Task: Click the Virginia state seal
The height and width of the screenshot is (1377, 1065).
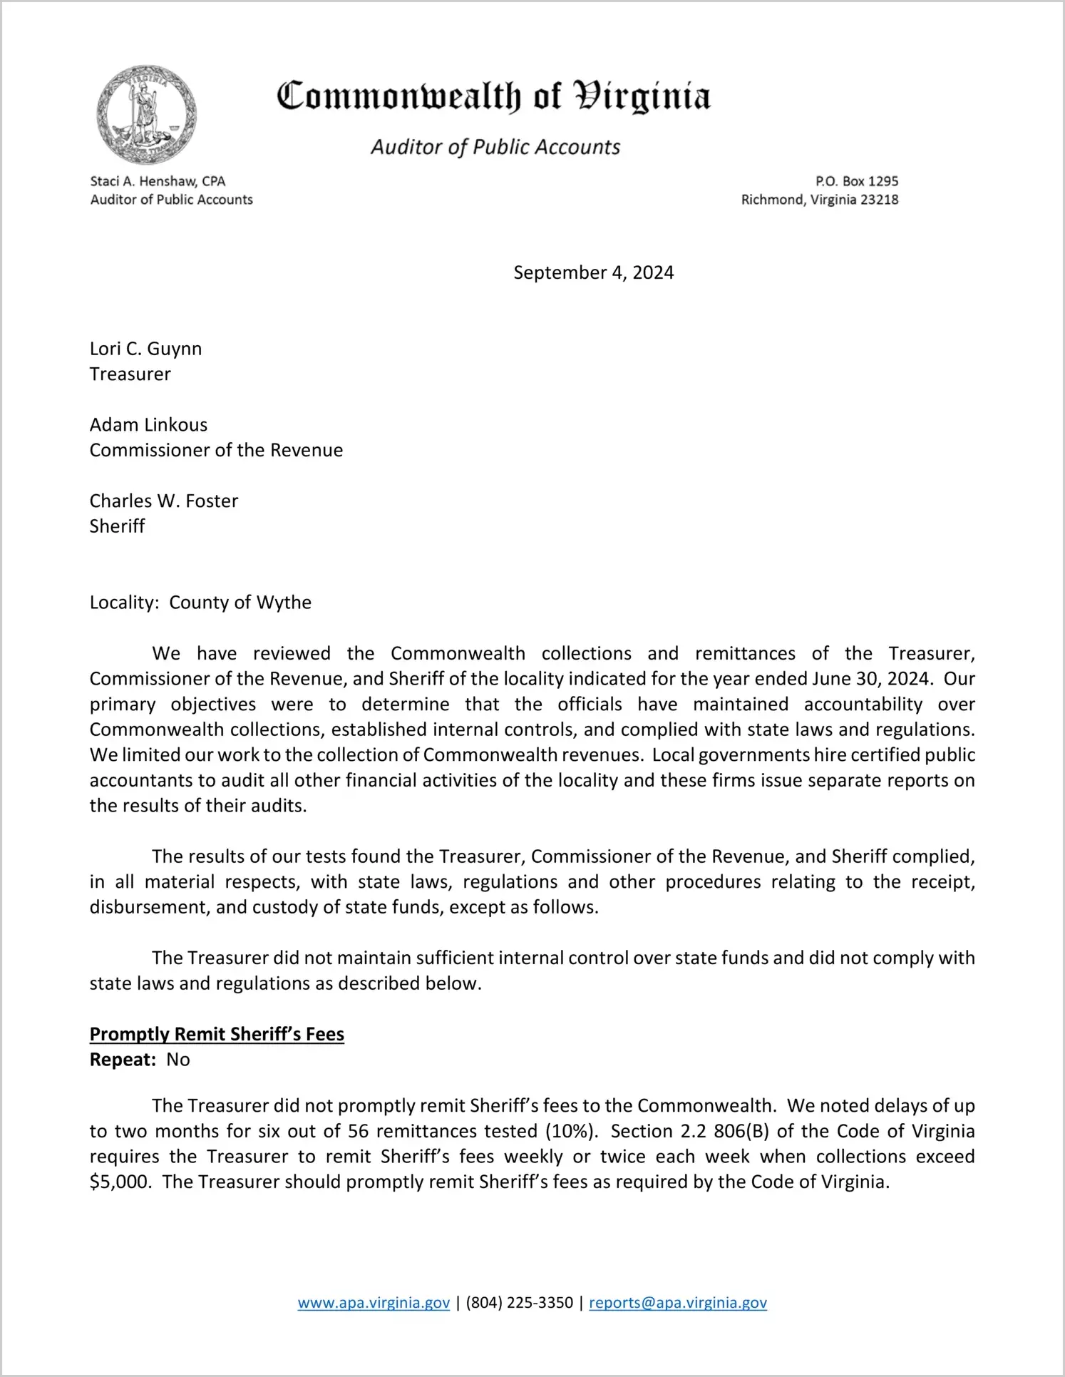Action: (x=146, y=115)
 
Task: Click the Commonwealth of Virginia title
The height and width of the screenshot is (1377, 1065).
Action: (x=493, y=96)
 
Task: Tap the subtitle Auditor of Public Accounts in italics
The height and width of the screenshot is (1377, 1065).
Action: (x=495, y=147)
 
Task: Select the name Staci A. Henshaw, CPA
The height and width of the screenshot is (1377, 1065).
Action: (x=158, y=181)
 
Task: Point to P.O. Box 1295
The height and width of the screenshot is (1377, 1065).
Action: (x=857, y=181)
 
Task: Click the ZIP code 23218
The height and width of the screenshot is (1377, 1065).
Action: (x=879, y=200)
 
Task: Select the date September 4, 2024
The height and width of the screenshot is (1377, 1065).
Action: (x=593, y=272)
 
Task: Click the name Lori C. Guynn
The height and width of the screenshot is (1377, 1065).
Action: (x=145, y=349)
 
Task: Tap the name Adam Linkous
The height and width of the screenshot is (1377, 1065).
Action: (x=148, y=425)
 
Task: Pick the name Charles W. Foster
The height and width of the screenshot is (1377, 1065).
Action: (x=164, y=501)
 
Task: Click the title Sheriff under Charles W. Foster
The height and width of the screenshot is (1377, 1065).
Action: (x=117, y=526)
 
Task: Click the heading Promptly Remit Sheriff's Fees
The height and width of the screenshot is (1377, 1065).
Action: (x=217, y=1035)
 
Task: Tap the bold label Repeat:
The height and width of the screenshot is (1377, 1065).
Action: (x=123, y=1060)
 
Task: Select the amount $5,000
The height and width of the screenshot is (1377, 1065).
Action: (x=120, y=1182)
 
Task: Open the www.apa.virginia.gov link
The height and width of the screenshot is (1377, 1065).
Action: (x=374, y=1303)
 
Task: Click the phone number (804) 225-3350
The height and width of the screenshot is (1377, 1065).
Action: (x=520, y=1303)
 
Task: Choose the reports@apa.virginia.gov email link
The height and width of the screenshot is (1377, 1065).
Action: (x=678, y=1303)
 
